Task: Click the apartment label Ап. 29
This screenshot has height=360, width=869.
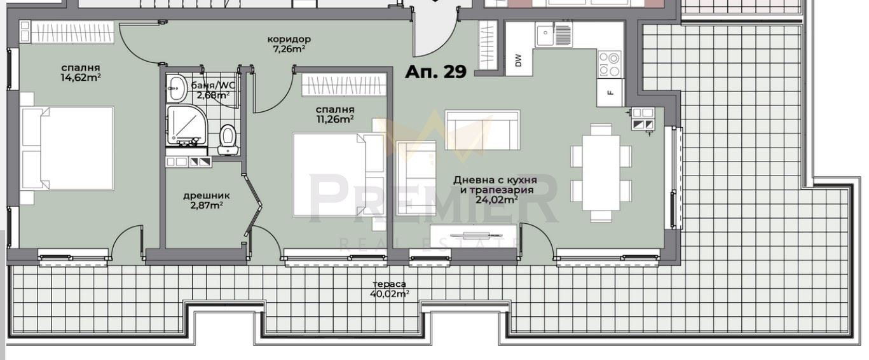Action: pos(435,72)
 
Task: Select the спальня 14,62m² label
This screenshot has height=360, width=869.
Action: pos(81,73)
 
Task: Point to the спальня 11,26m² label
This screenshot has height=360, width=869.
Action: pos(335,114)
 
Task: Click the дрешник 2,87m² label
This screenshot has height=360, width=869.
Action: pos(207,200)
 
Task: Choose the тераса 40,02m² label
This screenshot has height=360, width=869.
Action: pos(389,289)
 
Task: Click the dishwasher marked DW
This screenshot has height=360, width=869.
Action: pos(519,60)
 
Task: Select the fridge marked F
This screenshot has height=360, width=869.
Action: pos(610,92)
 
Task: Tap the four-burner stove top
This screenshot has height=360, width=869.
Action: pos(609,64)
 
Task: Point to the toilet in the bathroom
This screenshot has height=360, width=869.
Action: pos(228,140)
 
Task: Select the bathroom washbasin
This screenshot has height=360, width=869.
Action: pos(177,88)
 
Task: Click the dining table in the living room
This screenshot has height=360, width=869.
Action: pos(601,173)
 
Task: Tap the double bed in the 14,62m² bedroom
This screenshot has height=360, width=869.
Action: pos(68,148)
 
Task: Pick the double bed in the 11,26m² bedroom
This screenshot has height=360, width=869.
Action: pos(338,174)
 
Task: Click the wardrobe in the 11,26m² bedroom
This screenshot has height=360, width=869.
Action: pos(344,84)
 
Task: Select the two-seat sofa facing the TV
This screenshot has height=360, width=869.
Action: pos(482,130)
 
